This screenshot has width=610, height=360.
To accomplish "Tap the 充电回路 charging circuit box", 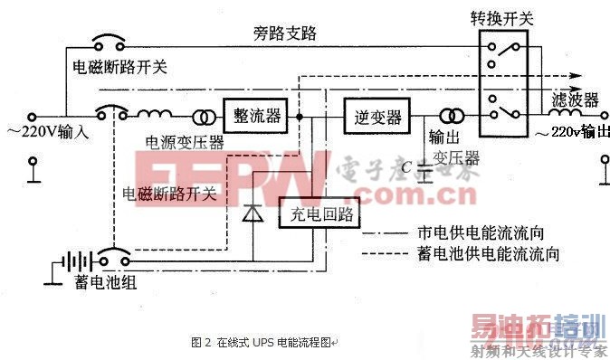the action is [320, 215].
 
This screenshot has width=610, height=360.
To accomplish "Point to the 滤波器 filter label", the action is [576, 99].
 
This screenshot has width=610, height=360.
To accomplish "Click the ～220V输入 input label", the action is [51, 133].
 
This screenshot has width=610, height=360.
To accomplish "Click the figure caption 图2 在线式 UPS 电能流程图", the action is [262, 343].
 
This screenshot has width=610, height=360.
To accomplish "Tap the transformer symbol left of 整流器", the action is [202, 118].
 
